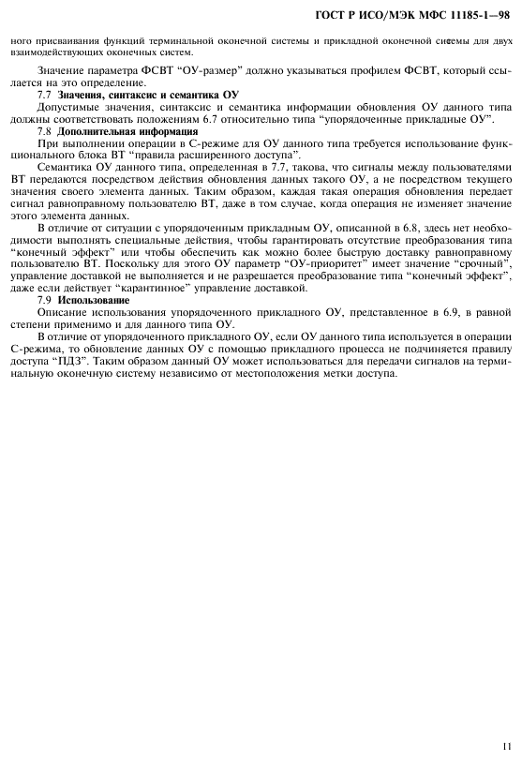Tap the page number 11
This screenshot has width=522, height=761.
(x=506, y=747)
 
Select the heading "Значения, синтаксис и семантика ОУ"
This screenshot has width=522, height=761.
(x=149, y=97)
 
